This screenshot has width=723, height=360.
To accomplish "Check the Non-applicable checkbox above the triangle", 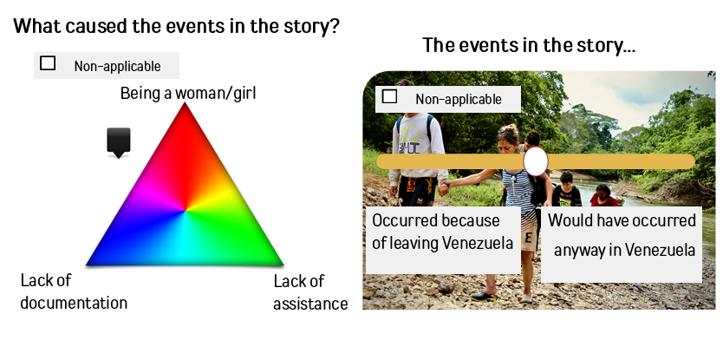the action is click(x=48, y=63).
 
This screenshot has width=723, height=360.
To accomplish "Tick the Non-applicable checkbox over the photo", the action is click(x=389, y=96).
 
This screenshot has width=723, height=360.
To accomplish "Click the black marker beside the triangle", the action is click(x=119, y=142).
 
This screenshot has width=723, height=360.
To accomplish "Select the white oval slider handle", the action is click(x=536, y=161).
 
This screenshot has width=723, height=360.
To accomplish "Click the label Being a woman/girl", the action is click(x=188, y=93).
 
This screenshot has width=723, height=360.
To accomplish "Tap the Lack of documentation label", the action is click(x=74, y=291).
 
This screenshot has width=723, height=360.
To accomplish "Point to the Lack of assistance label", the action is click(x=310, y=292).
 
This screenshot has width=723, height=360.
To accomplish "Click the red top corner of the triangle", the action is click(x=185, y=103).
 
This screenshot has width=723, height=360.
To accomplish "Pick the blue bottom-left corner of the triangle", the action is click(x=88, y=265).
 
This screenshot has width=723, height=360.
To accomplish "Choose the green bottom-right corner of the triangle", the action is click(x=283, y=265).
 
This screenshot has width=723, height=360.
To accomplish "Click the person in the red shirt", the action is click(x=603, y=196).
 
